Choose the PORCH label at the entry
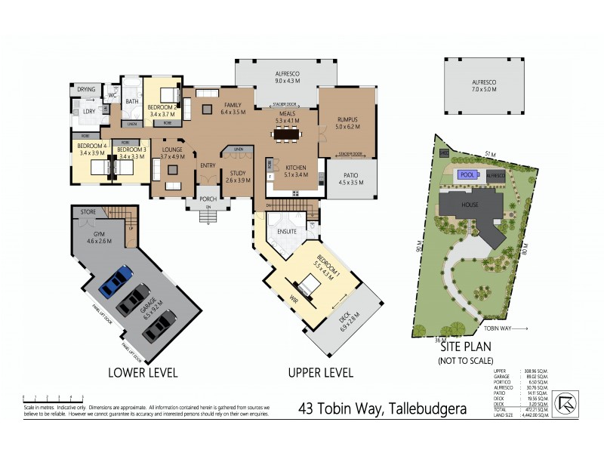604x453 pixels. tap(208, 199)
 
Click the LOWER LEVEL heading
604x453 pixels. tap(142, 372)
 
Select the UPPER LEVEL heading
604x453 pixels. tap(321, 372)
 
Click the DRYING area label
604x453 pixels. tap(87, 90)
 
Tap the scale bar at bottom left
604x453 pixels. tap(53, 397)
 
